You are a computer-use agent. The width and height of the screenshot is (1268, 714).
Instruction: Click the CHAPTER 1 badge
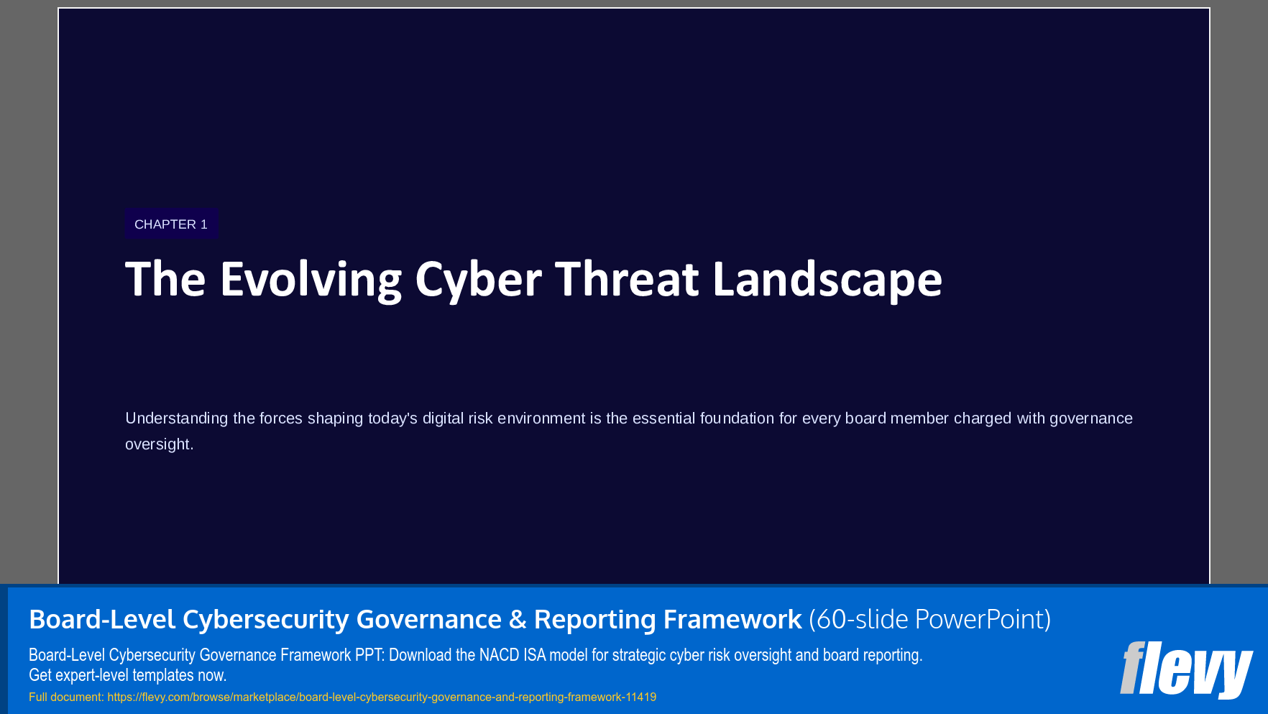click(171, 224)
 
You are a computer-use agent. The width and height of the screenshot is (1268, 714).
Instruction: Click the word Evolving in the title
click(311, 280)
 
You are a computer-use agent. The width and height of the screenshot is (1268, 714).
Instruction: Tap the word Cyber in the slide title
click(478, 280)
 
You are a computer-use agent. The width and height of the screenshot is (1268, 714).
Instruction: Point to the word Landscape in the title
click(827, 280)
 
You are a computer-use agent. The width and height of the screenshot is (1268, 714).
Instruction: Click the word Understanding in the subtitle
click(176, 418)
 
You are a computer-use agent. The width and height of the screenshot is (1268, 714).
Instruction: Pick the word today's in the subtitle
click(392, 418)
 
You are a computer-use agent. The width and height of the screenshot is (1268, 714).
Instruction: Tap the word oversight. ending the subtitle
click(160, 444)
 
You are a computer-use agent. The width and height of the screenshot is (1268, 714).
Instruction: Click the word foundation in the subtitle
click(737, 418)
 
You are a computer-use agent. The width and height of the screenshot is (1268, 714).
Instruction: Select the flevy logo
click(1186, 669)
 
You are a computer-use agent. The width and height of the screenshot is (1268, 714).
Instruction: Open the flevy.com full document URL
click(382, 697)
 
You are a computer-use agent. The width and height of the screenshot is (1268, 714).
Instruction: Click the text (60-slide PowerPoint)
click(929, 619)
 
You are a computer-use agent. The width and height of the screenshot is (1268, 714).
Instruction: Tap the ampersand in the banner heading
click(518, 619)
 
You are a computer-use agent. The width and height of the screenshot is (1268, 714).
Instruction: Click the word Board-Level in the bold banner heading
click(102, 619)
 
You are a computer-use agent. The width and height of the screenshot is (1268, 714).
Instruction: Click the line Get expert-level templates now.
click(127, 675)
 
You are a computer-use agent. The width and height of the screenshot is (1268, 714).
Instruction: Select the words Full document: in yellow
click(66, 697)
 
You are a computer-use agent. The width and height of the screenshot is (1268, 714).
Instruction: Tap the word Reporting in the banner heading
click(594, 619)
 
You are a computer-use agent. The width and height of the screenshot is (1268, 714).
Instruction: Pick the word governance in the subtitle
click(1090, 418)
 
